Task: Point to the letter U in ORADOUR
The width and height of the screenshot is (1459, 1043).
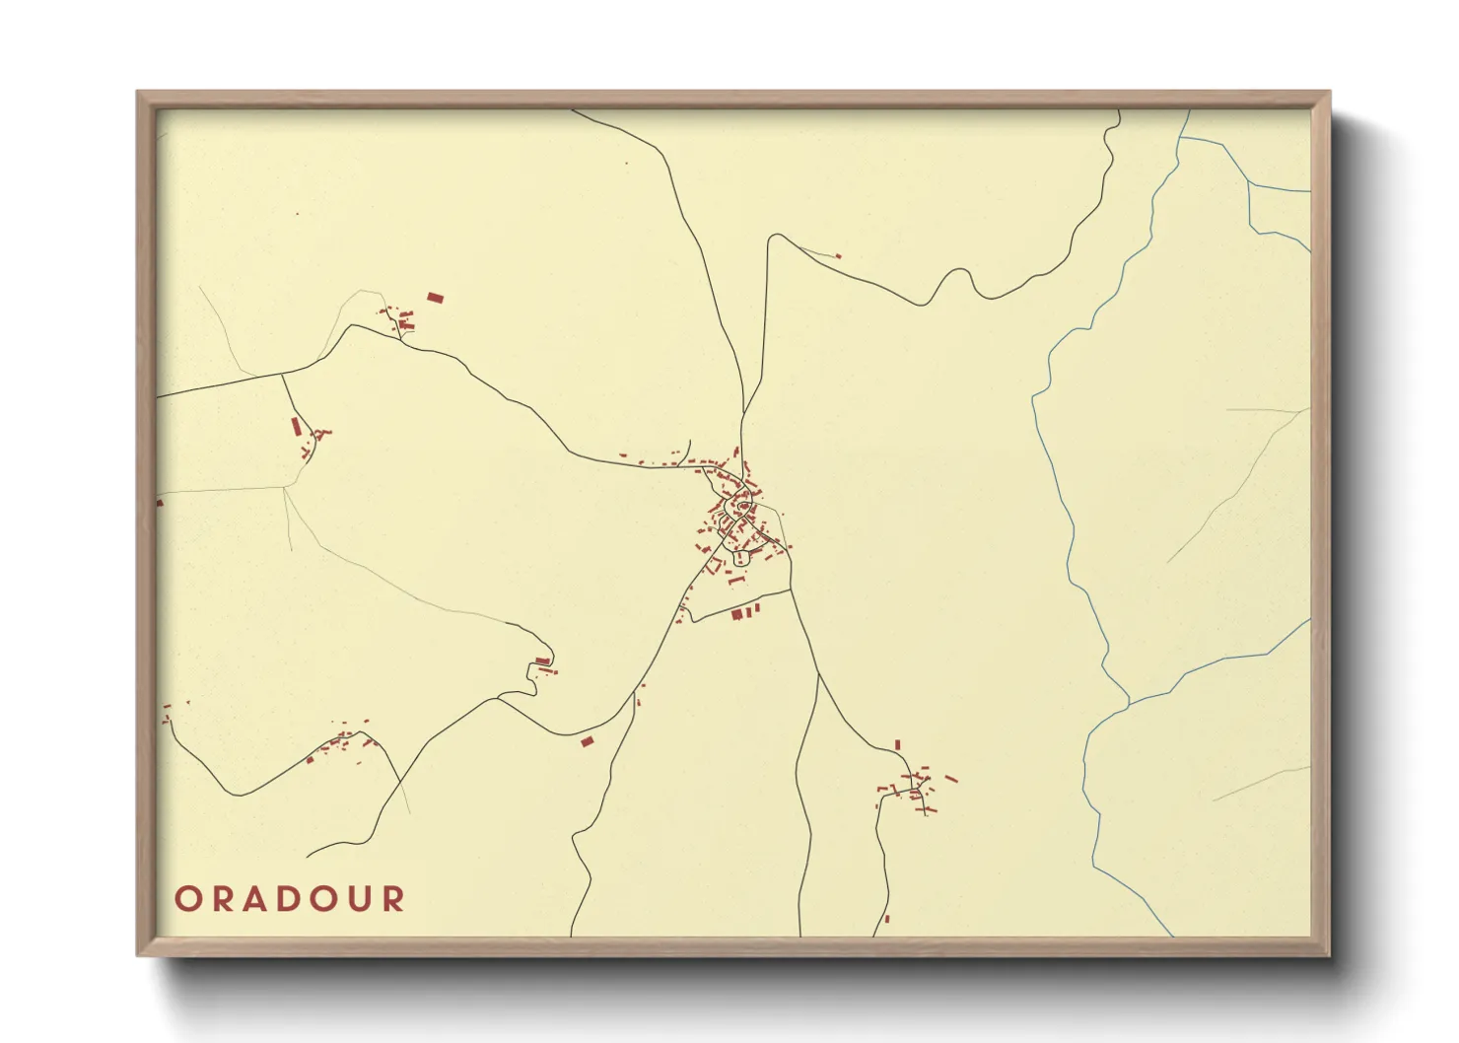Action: (362, 899)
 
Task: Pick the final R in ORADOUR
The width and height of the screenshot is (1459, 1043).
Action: (395, 899)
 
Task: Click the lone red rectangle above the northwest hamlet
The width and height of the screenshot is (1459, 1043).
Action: (435, 297)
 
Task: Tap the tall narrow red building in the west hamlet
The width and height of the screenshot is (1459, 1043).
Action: (295, 426)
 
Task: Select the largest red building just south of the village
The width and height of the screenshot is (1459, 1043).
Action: (736, 614)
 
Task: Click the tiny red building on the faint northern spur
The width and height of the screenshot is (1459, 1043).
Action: (838, 256)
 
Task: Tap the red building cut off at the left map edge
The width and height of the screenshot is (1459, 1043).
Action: (160, 503)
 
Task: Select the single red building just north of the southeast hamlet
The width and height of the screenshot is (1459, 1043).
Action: (897, 744)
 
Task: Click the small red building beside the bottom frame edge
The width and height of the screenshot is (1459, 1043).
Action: (886, 918)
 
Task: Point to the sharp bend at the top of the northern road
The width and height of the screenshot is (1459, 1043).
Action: (776, 236)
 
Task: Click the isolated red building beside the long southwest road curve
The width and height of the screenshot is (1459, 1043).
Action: (588, 740)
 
